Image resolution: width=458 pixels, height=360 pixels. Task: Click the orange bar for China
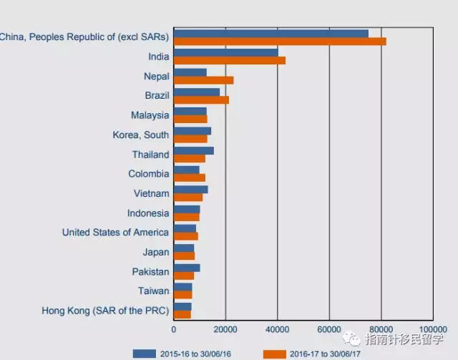point(280,41)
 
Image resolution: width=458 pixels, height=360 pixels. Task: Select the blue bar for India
point(225,52)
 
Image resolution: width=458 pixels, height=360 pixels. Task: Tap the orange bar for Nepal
point(203,80)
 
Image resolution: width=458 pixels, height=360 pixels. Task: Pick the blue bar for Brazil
point(196,92)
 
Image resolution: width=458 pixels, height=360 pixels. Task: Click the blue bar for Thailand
point(193,150)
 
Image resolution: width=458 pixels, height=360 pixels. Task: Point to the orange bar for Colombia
point(189,177)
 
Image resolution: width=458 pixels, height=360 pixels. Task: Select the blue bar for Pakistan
point(187,268)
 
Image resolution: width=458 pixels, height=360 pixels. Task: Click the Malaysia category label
point(150,115)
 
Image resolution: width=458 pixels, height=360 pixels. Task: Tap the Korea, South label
point(141,135)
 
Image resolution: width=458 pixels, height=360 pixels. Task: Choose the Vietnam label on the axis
point(151,193)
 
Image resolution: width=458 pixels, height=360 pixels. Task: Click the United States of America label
point(115,232)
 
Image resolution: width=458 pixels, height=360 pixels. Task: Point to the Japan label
point(156,252)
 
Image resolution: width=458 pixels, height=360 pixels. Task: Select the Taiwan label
point(154,291)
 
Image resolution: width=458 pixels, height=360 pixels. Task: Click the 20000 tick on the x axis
point(225,329)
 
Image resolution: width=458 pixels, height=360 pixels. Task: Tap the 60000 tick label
point(329,329)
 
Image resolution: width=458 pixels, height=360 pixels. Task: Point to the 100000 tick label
point(432,329)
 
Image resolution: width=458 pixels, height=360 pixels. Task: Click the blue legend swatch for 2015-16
point(145,353)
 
